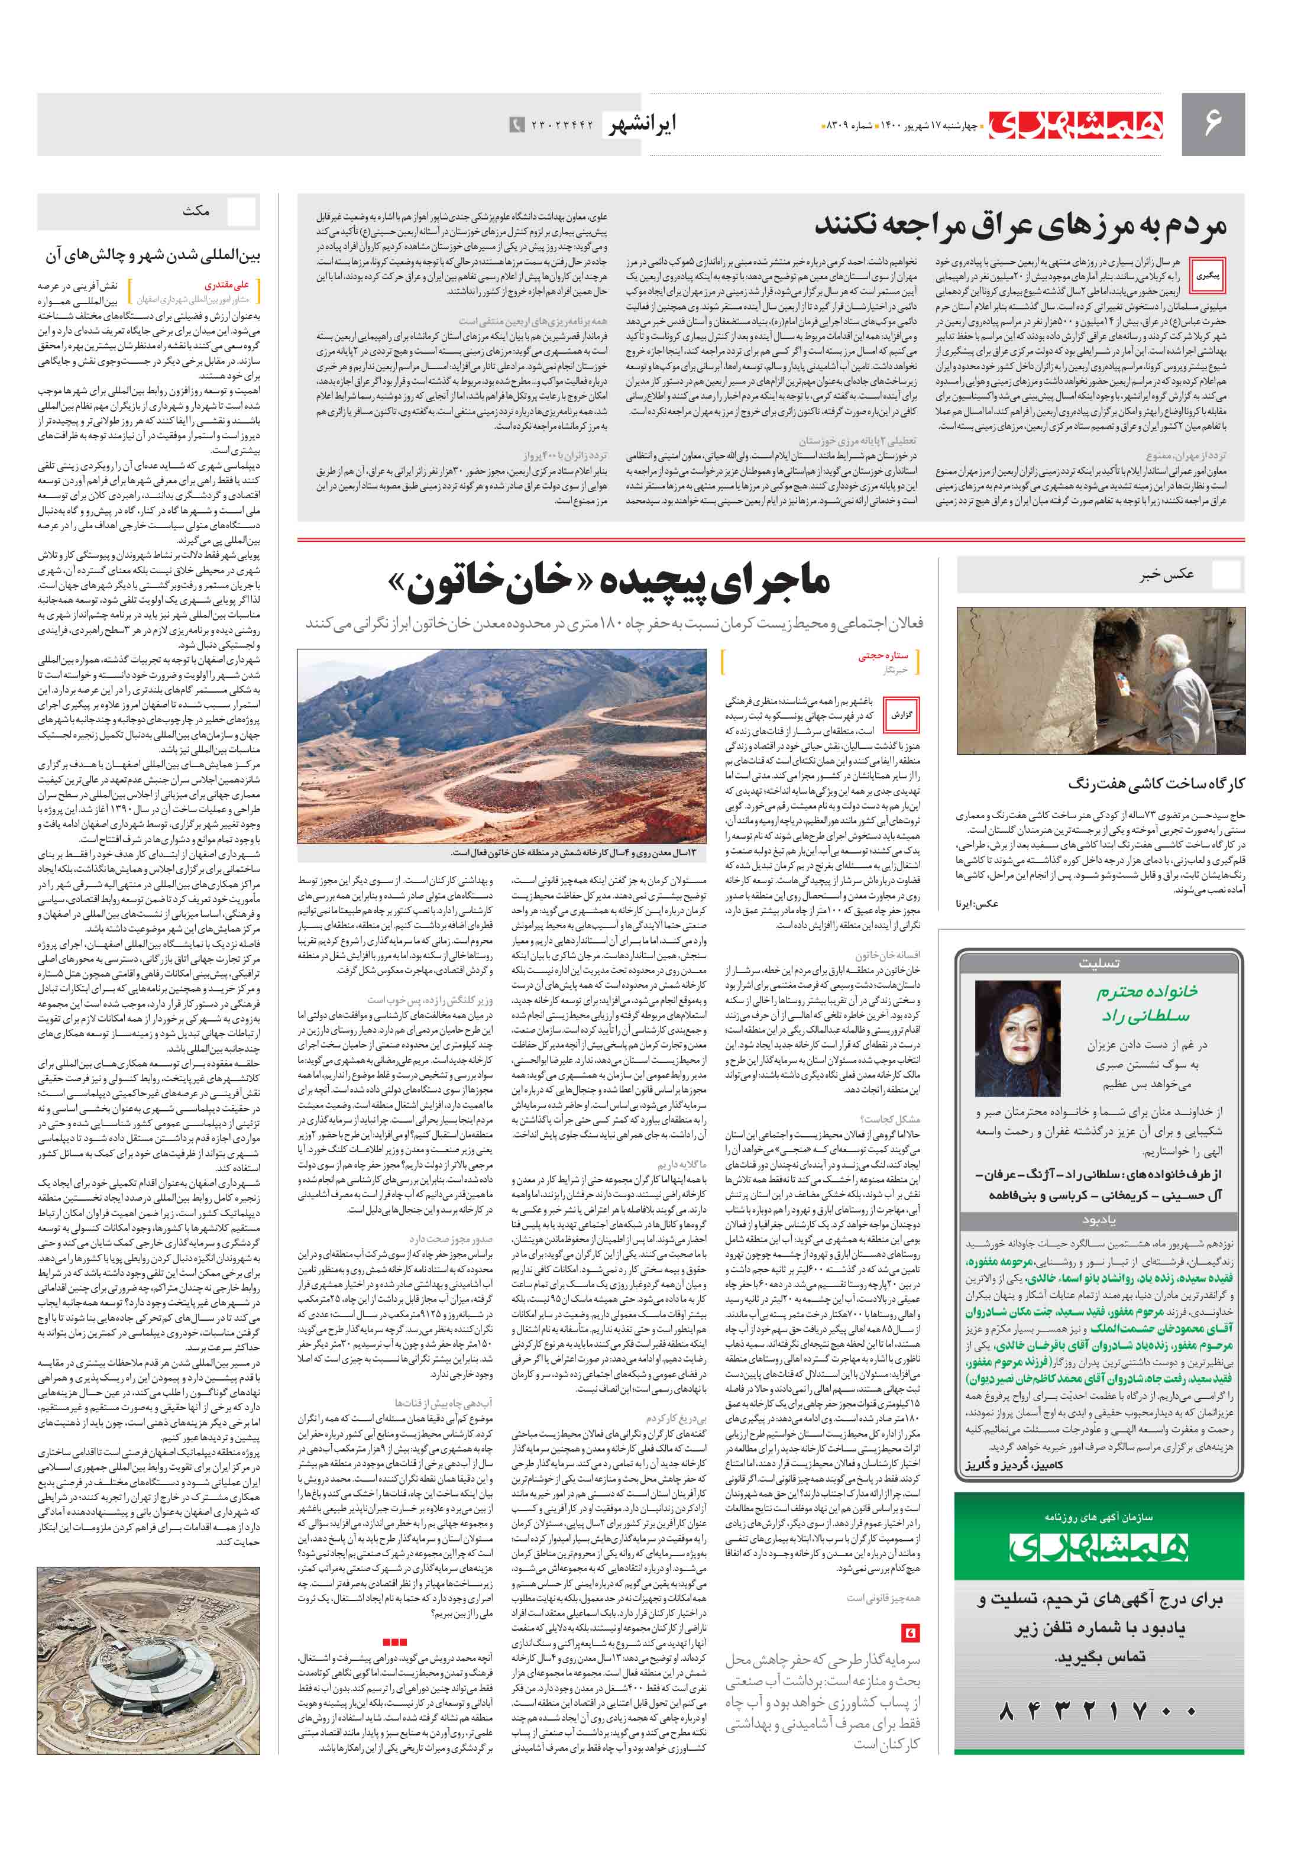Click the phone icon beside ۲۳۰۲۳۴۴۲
[516, 125]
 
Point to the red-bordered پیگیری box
[1208, 275]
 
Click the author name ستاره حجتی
[883, 656]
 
